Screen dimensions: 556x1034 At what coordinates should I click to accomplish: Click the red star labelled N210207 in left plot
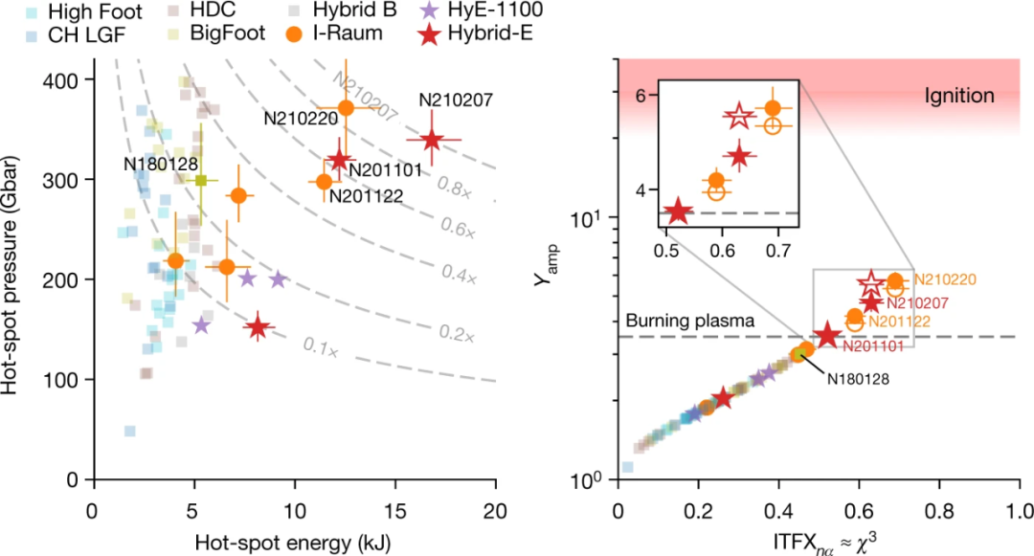(431, 140)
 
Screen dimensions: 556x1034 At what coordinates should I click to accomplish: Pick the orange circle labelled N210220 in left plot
(347, 107)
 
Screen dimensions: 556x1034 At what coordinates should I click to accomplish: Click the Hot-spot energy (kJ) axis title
(294, 541)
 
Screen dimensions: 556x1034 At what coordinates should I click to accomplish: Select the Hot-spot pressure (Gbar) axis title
(12, 278)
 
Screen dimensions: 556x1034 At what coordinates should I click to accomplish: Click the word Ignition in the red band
(959, 95)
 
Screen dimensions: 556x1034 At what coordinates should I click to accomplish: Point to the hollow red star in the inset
(738, 117)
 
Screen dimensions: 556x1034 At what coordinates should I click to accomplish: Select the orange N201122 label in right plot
(902, 321)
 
